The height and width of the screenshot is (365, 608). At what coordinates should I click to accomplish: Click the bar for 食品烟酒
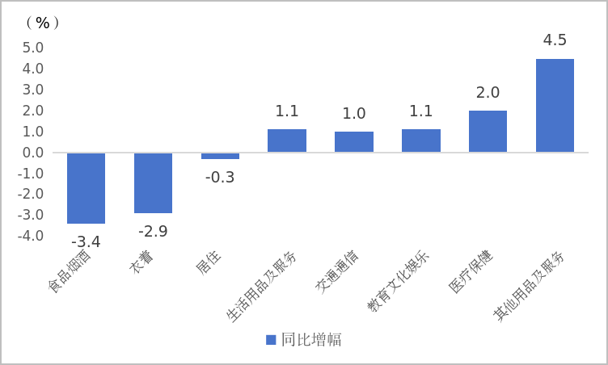(86, 187)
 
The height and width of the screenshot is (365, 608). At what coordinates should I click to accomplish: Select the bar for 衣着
(153, 182)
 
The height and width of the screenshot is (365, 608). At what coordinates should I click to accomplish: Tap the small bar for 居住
(220, 156)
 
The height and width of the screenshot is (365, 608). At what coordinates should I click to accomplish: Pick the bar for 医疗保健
(488, 132)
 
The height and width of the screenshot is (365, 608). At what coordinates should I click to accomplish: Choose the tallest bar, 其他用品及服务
(555, 106)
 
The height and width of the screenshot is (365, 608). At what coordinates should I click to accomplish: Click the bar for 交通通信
(354, 142)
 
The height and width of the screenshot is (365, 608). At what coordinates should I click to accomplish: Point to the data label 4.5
(555, 40)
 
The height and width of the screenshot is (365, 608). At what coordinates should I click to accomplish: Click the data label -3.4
(86, 241)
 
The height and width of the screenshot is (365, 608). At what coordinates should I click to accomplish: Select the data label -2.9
(153, 232)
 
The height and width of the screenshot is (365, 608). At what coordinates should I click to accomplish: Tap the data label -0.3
(220, 178)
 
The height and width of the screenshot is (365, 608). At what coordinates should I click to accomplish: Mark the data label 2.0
(488, 93)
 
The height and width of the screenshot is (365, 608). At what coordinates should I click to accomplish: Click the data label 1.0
(354, 114)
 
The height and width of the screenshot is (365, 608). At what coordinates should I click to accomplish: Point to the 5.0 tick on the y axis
(32, 48)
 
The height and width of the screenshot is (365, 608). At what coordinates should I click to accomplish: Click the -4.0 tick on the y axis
(31, 236)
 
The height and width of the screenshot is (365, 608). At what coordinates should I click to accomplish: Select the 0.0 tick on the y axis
(32, 153)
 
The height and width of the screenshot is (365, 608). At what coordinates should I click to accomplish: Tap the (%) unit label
(42, 23)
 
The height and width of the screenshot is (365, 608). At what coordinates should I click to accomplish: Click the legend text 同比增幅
(311, 340)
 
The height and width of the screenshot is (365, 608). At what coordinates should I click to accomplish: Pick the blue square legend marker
(271, 340)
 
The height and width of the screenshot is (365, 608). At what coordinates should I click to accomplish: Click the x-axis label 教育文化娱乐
(399, 281)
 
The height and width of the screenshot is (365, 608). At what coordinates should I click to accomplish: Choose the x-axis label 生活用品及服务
(263, 286)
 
